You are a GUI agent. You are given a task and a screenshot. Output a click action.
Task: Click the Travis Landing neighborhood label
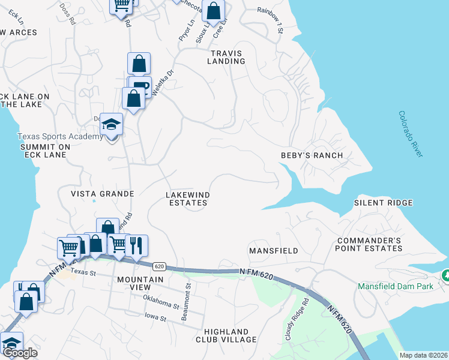pyautogui.click(x=227, y=57)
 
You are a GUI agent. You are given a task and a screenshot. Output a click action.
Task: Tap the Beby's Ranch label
pyautogui.click(x=312, y=155)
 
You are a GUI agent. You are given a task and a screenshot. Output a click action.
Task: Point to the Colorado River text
pyautogui.click(x=411, y=134)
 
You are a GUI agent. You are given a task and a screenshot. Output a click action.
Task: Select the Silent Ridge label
pyautogui.click(x=383, y=203)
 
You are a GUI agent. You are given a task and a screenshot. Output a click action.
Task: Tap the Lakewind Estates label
pyautogui.click(x=187, y=199)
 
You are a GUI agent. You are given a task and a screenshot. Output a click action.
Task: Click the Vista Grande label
pyautogui.click(x=102, y=194)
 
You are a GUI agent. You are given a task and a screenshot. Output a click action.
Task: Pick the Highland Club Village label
pyautogui.click(x=226, y=335)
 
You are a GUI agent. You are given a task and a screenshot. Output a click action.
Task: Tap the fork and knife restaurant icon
pyautogui.click(x=137, y=245)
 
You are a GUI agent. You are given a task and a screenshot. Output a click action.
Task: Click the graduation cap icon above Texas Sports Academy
pyautogui.click(x=111, y=124)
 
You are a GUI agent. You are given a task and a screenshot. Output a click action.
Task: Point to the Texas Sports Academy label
pyautogui.click(x=60, y=137)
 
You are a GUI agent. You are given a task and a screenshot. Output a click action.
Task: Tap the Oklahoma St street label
pyautogui.click(x=161, y=302)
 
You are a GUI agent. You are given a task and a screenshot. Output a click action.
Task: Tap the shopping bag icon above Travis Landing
pyautogui.click(x=212, y=11)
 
